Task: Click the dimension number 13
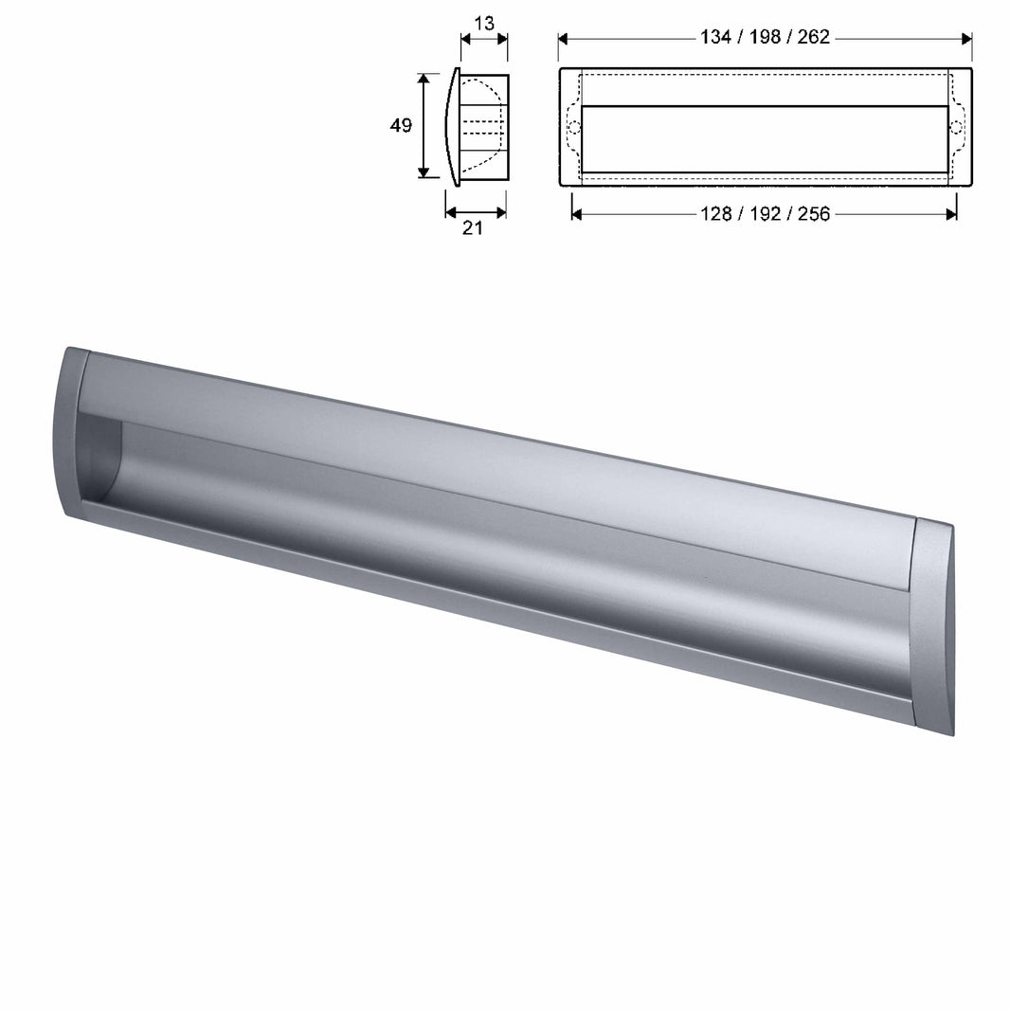tap(483, 23)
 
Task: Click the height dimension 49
tap(401, 125)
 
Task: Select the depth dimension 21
tap(472, 228)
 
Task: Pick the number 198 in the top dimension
tap(764, 38)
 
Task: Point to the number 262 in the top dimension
tap(813, 38)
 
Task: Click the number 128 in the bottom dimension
tap(713, 214)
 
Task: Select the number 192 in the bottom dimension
tap(764, 214)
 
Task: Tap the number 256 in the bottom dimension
tap(813, 214)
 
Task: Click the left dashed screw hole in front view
tap(572, 126)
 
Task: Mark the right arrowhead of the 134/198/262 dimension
tap(966, 39)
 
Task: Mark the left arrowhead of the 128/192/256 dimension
tap(577, 214)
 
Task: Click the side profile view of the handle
tap(478, 125)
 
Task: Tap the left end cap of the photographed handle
tap(75, 431)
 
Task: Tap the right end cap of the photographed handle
tap(933, 625)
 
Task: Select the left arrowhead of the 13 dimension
tap(465, 39)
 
